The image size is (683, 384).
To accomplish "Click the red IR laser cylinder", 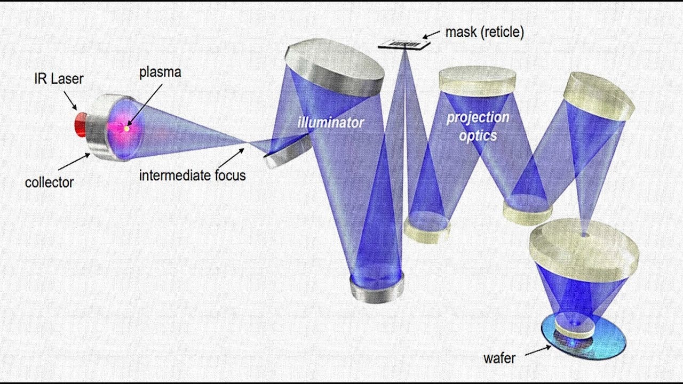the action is click(81, 124).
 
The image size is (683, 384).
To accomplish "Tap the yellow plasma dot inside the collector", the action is click(127, 129).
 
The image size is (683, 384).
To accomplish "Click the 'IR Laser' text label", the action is click(59, 78).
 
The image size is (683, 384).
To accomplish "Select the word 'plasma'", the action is click(160, 73).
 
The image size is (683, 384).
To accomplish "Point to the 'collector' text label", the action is click(50, 182).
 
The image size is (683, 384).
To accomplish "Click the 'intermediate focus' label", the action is click(193, 175).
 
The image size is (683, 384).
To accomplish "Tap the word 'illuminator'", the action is click(331, 123).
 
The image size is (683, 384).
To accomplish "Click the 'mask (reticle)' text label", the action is click(485, 32).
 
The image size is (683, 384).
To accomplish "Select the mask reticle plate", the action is click(404, 44).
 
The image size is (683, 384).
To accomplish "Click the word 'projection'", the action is click(478, 118).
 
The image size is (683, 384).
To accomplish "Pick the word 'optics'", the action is click(478, 135).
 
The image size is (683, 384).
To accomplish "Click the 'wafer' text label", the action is click(499, 358).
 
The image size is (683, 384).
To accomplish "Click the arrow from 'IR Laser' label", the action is click(70, 100).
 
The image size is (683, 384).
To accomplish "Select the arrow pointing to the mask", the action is click(431, 35).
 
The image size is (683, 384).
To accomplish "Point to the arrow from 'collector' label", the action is click(74, 162).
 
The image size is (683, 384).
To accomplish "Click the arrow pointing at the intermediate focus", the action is click(232, 158).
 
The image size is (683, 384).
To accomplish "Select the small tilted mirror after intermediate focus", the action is click(288, 151).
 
